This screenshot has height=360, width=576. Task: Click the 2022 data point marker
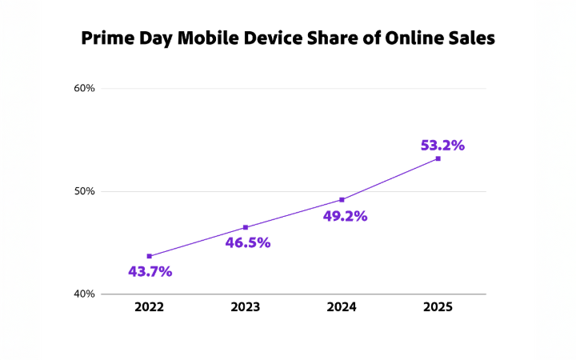pyautogui.click(x=150, y=256)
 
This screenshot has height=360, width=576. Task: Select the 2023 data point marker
pyautogui.click(x=246, y=227)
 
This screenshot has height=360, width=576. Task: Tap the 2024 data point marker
pyautogui.click(x=342, y=199)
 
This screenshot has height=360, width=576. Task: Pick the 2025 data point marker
pyautogui.click(x=438, y=158)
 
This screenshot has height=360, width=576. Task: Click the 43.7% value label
pyautogui.click(x=150, y=271)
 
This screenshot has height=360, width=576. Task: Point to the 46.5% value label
pyautogui.click(x=248, y=242)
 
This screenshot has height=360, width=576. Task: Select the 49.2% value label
pyautogui.click(x=345, y=216)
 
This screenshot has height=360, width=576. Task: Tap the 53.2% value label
pyautogui.click(x=442, y=146)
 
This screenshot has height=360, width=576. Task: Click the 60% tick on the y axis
pyautogui.click(x=85, y=88)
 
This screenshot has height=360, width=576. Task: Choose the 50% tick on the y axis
pyautogui.click(x=85, y=191)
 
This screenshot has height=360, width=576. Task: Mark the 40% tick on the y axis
pyautogui.click(x=85, y=294)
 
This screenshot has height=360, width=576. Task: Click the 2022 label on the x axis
pyautogui.click(x=150, y=307)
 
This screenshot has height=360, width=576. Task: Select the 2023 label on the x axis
pyautogui.click(x=246, y=307)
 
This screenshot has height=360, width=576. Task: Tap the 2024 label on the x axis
pyautogui.click(x=342, y=307)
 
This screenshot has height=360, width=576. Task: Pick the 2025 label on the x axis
pyautogui.click(x=438, y=307)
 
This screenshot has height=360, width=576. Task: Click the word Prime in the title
pyautogui.click(x=109, y=38)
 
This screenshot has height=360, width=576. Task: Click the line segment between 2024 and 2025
pyautogui.click(x=390, y=179)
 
